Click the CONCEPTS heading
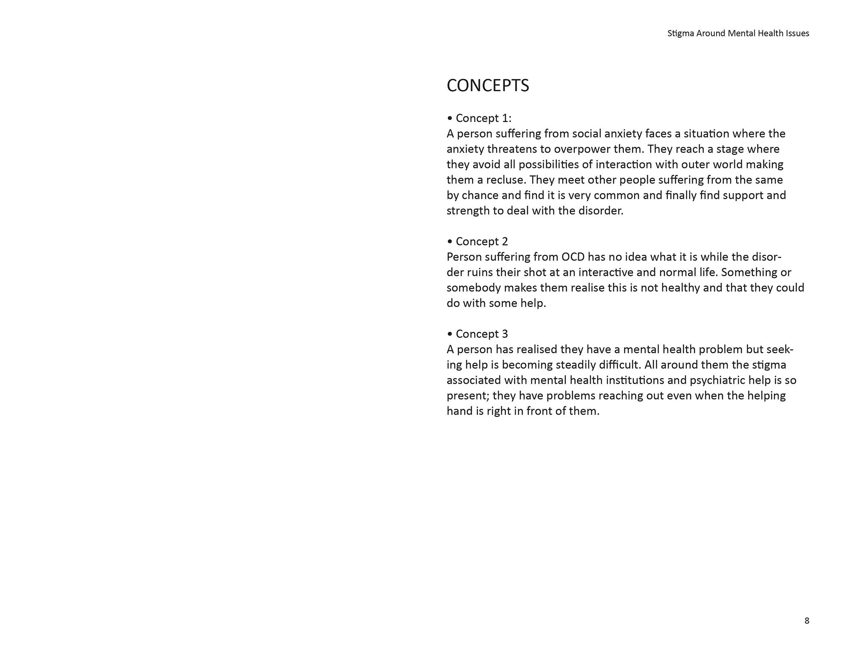(x=488, y=86)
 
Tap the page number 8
(x=806, y=621)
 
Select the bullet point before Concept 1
(x=450, y=118)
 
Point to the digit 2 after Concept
(x=505, y=242)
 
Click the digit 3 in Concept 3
(x=505, y=334)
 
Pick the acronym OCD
(x=573, y=257)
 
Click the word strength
(x=468, y=211)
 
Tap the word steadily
(x=578, y=365)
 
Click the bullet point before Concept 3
(x=450, y=334)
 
